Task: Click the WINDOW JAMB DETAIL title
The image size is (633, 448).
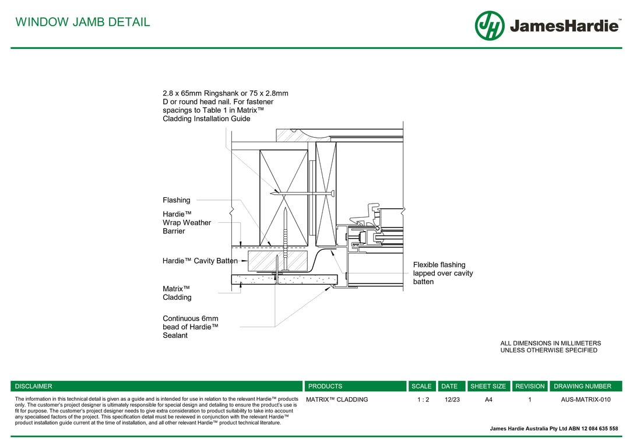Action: pos(82,22)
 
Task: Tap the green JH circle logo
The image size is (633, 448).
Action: pos(489,26)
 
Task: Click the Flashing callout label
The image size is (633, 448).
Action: pos(176,200)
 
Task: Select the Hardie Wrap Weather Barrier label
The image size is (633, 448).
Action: pos(187,223)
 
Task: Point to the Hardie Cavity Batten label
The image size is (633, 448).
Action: pos(200,261)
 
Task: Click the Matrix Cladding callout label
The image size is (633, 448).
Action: pos(177,293)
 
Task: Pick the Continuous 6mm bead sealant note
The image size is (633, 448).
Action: pos(190,327)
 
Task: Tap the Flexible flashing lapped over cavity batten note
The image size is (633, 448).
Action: pos(442,273)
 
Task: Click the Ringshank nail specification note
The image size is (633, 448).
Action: pos(225,106)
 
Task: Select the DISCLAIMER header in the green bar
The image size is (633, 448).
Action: pos(33,386)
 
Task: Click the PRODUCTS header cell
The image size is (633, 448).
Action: pos(325,386)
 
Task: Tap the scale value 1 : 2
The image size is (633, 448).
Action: pos(423,400)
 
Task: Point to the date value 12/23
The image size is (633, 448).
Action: pos(452,400)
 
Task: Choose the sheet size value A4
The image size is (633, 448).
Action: pos(488,400)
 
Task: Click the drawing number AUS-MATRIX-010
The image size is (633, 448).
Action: pos(585,400)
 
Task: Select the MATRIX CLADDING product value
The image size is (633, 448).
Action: pos(337,400)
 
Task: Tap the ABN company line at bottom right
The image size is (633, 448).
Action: pos(554,428)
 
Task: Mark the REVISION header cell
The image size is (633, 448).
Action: pos(530,386)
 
